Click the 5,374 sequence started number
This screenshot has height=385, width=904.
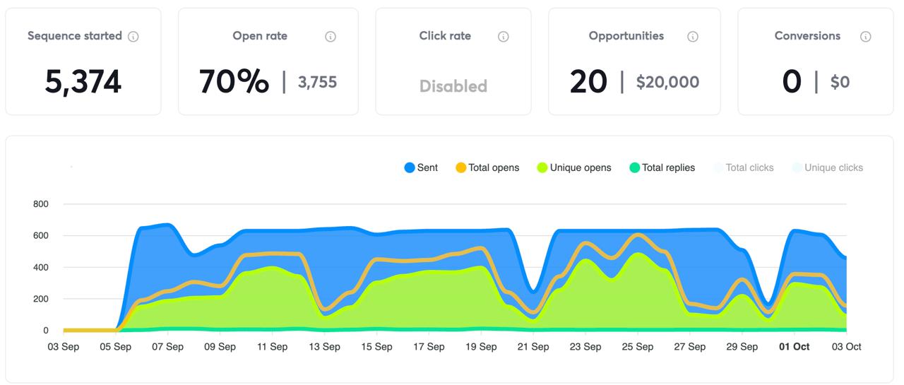coord(83,82)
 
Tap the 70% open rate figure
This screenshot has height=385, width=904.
coord(234,82)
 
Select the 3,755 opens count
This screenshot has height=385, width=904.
coord(317,83)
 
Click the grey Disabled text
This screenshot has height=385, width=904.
coord(453,86)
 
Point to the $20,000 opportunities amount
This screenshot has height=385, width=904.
coord(667,83)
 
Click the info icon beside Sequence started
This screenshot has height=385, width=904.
coord(133,37)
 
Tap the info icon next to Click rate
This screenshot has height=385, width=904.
coord(504,37)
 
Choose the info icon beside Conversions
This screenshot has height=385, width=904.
coord(866,37)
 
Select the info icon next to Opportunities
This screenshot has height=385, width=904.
coord(693,37)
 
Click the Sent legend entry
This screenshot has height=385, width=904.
coord(421,168)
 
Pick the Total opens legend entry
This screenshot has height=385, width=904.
coord(487,168)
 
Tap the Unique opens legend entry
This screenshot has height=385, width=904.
coord(573,168)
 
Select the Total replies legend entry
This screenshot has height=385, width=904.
coord(662,168)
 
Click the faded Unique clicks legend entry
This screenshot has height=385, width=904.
coord(827,168)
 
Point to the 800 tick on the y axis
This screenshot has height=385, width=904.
coord(41,204)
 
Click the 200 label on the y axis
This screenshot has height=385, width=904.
coord(41,299)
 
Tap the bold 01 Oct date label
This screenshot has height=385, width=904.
coord(795,347)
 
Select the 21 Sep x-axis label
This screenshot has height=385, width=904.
coord(533,347)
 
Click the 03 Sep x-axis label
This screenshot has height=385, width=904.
coord(64,347)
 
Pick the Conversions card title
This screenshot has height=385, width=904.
coord(807,36)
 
